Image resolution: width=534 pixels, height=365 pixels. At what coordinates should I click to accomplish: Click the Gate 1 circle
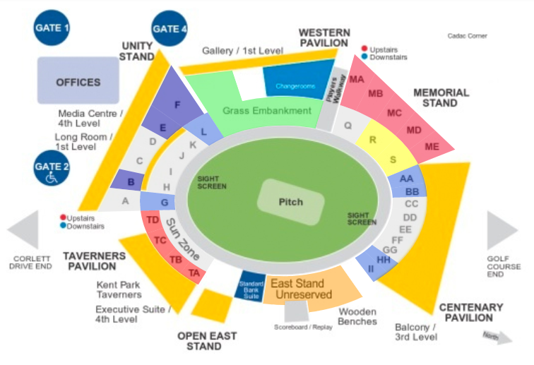tap(52, 28)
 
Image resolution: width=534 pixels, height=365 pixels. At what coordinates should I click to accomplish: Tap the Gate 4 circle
tap(170, 29)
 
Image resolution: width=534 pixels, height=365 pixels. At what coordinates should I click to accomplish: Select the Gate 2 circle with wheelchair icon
tap(52, 171)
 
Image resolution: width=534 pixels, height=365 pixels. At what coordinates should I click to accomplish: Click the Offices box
tap(78, 82)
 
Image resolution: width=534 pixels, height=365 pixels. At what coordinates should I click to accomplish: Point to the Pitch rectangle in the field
tap(290, 202)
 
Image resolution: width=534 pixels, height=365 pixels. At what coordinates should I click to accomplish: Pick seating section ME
tap(432, 147)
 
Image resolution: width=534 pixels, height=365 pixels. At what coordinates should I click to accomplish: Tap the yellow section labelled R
tap(374, 140)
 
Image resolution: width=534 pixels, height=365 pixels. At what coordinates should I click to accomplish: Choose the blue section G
tap(163, 203)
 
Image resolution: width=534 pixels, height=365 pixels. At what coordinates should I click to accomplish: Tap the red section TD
tap(151, 220)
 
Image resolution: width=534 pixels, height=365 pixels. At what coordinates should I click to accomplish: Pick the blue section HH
tap(383, 260)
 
